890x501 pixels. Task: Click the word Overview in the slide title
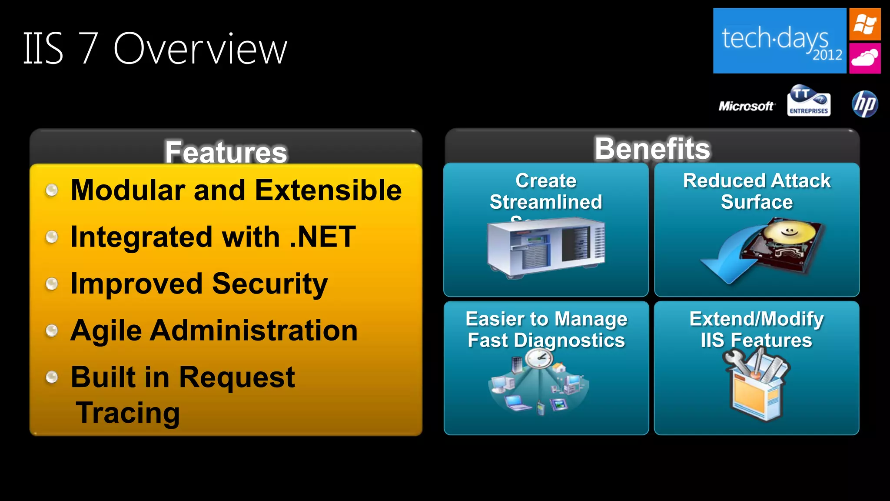200,49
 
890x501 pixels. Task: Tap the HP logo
865,104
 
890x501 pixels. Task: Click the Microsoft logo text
746,106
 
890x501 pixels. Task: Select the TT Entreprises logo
808,101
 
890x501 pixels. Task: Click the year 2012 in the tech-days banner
827,55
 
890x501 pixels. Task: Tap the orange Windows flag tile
865,24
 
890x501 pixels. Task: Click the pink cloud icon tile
865,58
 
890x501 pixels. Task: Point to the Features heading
226,152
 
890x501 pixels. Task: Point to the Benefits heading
652,149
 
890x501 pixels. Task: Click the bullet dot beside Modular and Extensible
52,190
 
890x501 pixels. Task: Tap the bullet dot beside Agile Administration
52,331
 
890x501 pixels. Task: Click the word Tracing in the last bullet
128,412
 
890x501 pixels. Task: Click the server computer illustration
546,247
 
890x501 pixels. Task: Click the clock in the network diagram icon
539,359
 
